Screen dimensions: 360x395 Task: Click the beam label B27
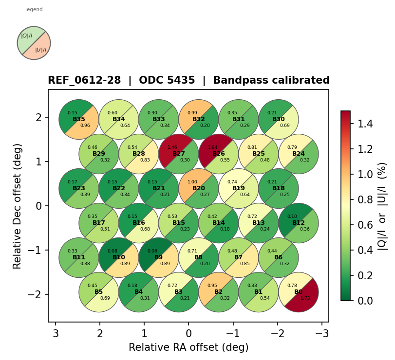[179, 154]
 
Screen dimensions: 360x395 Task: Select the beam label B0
[299, 292]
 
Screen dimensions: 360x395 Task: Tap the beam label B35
[79, 119]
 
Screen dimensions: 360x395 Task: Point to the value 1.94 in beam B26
[212, 147]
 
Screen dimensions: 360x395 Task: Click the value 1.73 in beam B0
[305, 298]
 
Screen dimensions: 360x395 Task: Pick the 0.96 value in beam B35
[85, 126]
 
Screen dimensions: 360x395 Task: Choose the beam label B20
[199, 188]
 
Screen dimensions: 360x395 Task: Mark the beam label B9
[159, 257]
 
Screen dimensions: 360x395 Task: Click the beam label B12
[299, 223]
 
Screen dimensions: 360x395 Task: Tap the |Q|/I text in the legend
[27, 36]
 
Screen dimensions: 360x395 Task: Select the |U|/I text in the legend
[41, 50]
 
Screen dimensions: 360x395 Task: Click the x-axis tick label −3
[322, 334]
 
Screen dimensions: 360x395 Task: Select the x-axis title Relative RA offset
[188, 347]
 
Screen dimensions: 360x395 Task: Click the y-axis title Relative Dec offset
[18, 206]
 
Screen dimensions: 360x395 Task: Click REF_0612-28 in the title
[84, 81]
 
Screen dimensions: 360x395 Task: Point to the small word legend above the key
[34, 9]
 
